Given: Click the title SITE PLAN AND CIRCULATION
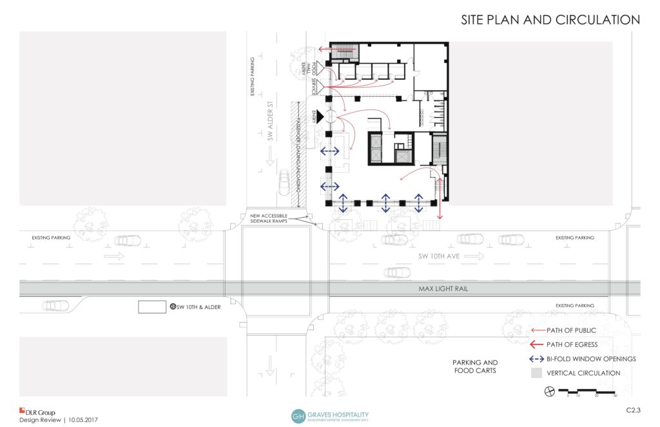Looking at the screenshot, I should coord(550,20).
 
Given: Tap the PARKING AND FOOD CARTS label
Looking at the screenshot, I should coord(475,366).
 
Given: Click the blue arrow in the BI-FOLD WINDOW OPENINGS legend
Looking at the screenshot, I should coord(535,359).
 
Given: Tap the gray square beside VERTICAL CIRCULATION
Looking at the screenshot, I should coord(535,373).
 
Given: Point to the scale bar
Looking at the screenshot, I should coord(587,391).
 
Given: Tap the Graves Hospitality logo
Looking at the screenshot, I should coord(330,415).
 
